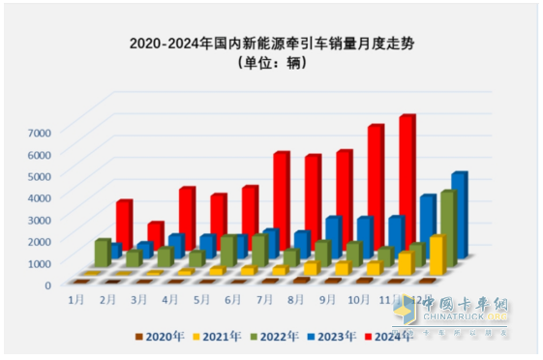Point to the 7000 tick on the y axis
point(53,132)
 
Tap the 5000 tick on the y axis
point(53,175)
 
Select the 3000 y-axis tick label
point(53,219)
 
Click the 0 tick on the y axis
point(60,285)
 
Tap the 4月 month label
point(170,301)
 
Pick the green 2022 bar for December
point(448,227)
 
